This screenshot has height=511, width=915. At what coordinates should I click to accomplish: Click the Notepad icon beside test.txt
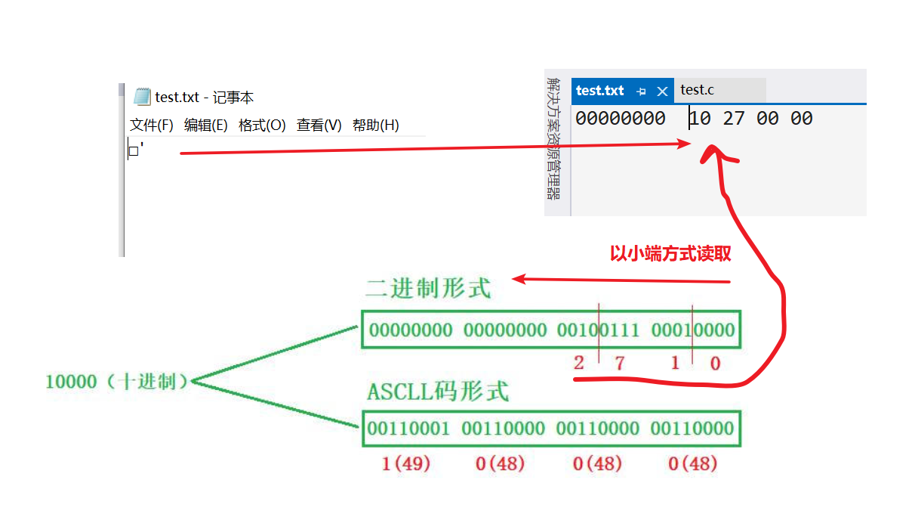[x=142, y=97]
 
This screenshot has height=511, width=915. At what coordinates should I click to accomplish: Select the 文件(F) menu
[x=152, y=125]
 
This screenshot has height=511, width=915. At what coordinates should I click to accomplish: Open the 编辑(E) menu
[x=206, y=125]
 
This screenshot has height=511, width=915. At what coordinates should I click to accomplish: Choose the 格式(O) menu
[x=262, y=125]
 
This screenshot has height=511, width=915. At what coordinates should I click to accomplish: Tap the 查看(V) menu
[x=319, y=125]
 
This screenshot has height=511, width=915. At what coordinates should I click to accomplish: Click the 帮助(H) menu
[x=375, y=125]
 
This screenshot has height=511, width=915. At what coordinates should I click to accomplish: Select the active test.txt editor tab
[x=600, y=91]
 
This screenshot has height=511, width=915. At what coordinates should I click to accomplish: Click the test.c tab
[x=697, y=90]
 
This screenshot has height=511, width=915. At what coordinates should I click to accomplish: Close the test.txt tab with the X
[x=662, y=91]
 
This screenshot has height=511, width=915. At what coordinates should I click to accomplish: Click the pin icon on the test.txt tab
[x=642, y=91]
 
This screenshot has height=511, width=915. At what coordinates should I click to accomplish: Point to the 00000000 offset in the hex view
[x=620, y=119]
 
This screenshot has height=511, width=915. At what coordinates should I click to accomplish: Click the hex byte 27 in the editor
[x=734, y=119]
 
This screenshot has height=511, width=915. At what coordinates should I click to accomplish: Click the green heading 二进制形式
[x=427, y=288]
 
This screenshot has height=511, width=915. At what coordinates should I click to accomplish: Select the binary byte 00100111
[x=598, y=330]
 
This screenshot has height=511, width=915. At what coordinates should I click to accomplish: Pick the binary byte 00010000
[x=692, y=330]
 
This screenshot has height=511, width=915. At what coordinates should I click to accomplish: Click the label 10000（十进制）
[x=116, y=382]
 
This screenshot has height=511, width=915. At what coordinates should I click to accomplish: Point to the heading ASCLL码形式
[x=438, y=392]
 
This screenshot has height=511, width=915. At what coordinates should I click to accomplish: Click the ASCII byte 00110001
[x=408, y=429]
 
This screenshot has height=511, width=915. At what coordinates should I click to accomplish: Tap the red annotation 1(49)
[x=405, y=463]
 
